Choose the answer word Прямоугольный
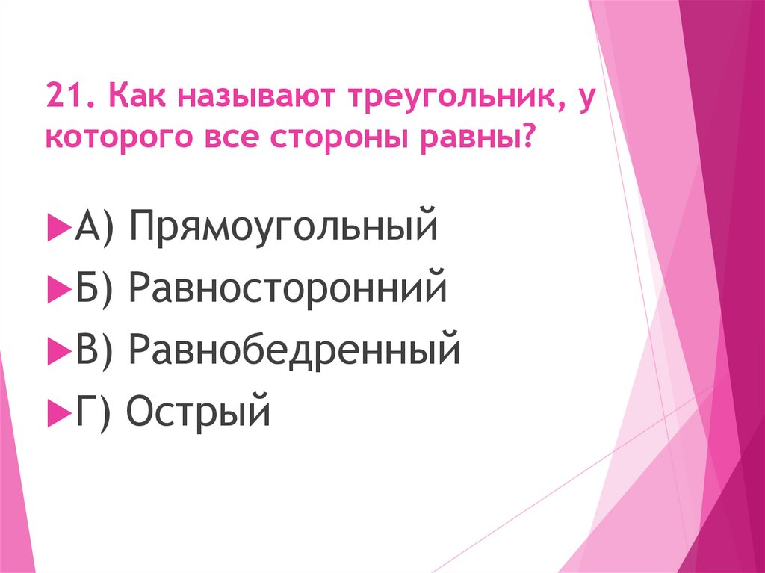tap(282, 227)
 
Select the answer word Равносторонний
tap(288, 288)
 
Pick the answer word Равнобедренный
tap(294, 348)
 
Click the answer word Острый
tap(198, 409)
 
